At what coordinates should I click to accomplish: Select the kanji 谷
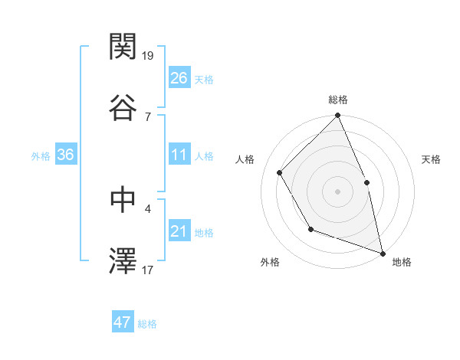point(123,108)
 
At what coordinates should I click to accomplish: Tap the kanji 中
point(123,199)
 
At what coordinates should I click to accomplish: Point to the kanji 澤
point(123,261)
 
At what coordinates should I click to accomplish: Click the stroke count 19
point(149,55)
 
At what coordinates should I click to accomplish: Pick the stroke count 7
point(148,116)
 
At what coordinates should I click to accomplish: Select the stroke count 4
point(148,208)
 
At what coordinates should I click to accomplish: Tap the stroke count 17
point(149,270)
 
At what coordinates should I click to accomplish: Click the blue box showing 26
point(179,78)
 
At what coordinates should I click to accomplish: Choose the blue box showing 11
point(179,155)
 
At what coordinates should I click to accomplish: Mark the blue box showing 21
point(179,231)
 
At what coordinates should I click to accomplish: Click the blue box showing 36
point(66,155)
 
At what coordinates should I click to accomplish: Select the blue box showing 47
point(123,322)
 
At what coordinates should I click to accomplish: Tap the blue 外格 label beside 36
point(41,156)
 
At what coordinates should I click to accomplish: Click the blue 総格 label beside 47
point(147,324)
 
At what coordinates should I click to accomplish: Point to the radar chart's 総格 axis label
point(338,100)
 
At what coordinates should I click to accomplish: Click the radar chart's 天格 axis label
point(432,159)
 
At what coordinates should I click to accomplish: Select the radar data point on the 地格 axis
point(382,253)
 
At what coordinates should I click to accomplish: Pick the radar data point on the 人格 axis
point(280,172)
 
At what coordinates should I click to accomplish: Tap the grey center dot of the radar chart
point(337,191)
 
